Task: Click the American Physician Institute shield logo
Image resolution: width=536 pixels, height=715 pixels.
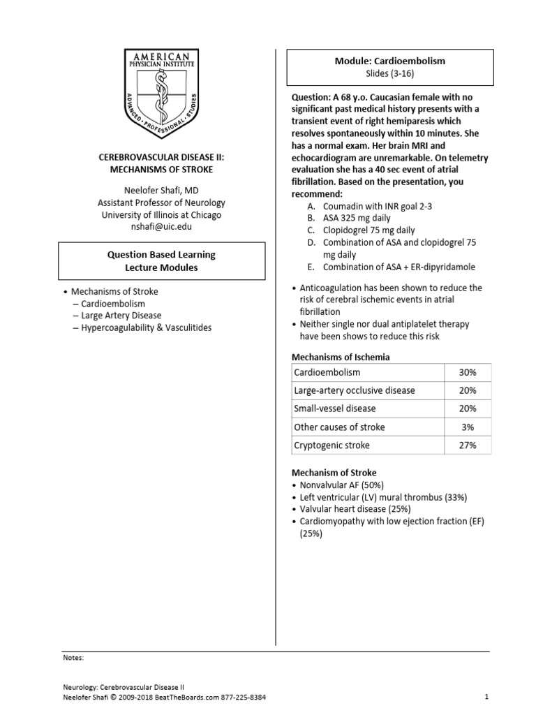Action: pos(161,94)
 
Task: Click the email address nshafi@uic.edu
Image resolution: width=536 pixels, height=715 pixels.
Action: pos(161,227)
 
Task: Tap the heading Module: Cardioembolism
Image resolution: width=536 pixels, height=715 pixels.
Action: pos(390,61)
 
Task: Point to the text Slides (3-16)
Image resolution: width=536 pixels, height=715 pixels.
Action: pos(390,73)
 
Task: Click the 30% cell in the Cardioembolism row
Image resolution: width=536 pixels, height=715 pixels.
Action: pos(467,373)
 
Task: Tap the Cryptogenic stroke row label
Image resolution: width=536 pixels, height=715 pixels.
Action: pos(332,445)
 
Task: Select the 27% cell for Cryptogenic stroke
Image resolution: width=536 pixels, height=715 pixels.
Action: pos(467,445)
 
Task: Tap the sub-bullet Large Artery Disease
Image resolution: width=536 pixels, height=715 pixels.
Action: pos(121,316)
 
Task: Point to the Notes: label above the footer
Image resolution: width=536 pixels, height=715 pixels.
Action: pos(73,657)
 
